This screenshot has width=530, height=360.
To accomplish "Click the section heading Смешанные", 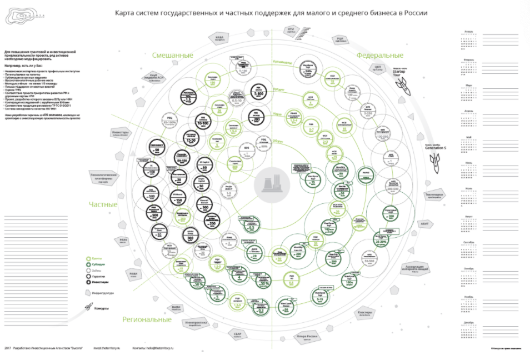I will click(x=172, y=56).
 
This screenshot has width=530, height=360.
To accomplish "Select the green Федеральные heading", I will click(x=379, y=56).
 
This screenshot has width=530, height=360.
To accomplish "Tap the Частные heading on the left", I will click(x=103, y=204).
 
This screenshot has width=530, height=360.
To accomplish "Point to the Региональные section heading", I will click(x=147, y=319).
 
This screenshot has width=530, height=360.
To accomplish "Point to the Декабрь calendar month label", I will click(x=469, y=322).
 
